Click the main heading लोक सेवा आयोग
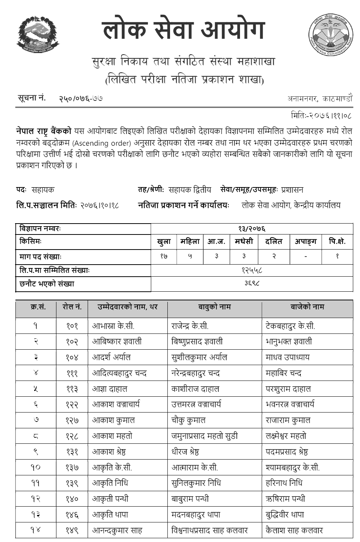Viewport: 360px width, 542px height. [x=184, y=31]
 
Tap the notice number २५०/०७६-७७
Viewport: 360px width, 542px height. [x=81, y=99]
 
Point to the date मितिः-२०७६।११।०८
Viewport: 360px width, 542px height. [x=322, y=115]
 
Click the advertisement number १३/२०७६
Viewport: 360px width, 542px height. [x=252, y=228]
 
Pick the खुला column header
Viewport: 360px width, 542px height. [x=164, y=242]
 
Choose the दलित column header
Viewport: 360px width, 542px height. [x=273, y=242]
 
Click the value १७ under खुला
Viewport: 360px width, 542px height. [x=164, y=256]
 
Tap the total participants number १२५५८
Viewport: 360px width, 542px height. [x=252, y=270]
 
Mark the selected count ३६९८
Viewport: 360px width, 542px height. [x=252, y=283]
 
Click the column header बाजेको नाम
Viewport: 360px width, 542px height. [x=307, y=307]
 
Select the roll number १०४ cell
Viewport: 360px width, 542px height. [x=72, y=358]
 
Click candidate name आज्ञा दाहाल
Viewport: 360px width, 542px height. [x=110, y=389]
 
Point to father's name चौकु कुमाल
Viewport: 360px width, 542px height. [x=188, y=420]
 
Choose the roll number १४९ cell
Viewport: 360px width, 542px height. [x=72, y=531]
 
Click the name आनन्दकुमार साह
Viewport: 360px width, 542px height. [x=117, y=531]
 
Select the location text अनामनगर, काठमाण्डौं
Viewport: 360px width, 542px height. [x=320, y=99]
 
